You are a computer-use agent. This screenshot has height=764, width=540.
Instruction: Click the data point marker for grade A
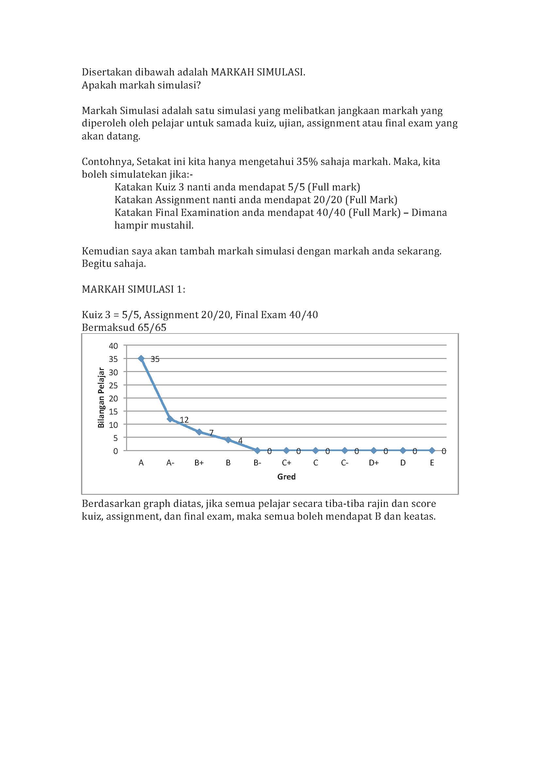141,358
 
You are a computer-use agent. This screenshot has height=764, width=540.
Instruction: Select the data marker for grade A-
170,419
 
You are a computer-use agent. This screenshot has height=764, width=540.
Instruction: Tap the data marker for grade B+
199,432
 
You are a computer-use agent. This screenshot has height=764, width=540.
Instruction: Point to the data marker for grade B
228,440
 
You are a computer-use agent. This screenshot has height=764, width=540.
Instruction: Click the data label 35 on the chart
155,359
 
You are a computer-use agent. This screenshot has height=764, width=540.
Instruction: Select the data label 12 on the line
184,420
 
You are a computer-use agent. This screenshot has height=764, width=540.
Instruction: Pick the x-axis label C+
286,463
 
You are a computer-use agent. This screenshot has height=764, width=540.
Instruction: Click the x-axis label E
432,463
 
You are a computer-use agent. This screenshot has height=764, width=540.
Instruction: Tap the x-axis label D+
374,463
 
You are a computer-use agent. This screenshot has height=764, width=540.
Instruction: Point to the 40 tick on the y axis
113,346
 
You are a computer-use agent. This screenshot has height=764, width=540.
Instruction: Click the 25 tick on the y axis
113,385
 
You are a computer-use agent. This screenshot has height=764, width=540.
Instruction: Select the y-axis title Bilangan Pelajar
101,398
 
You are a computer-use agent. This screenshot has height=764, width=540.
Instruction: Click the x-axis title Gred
286,477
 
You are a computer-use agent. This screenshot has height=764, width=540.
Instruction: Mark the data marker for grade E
432,450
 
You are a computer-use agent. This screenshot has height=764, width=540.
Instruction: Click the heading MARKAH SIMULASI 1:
133,289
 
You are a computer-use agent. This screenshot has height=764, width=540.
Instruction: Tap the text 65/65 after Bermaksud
152,328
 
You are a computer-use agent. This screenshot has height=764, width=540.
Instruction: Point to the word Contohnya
107,162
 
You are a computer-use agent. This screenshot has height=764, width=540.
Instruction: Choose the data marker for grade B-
257,450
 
